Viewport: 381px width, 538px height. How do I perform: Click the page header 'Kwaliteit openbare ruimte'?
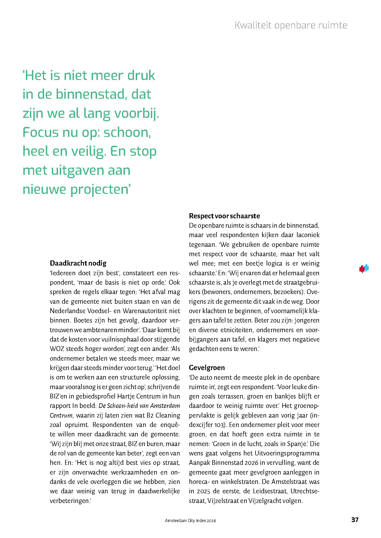291,25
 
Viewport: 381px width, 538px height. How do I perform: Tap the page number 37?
355,520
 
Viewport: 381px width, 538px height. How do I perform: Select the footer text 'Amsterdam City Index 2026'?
190,521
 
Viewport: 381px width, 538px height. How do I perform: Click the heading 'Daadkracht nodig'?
78,263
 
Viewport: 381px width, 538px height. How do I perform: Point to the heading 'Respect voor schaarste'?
224,216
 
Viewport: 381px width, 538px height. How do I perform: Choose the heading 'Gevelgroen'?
207,367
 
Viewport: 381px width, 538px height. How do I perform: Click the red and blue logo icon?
364,268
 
